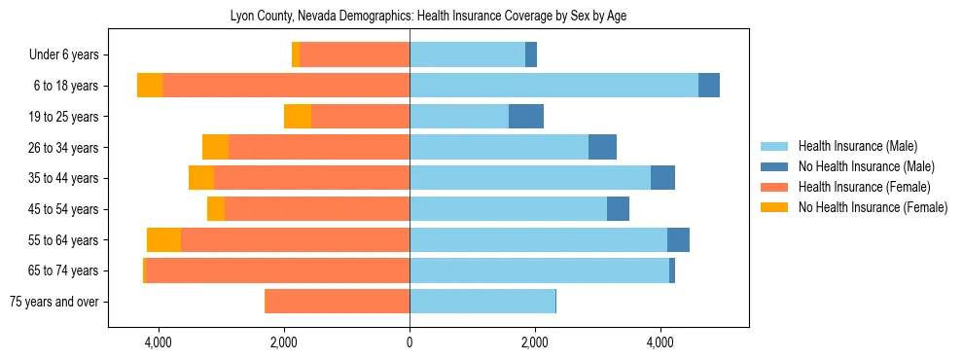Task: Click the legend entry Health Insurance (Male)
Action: (x=857, y=146)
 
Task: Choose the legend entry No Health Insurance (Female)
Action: (x=873, y=207)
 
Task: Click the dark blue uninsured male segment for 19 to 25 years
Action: (x=526, y=117)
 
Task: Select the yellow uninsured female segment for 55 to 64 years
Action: (x=163, y=240)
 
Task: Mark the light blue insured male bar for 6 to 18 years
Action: (x=553, y=86)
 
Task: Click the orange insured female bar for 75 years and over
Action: (x=338, y=302)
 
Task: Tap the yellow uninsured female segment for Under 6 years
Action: (x=296, y=55)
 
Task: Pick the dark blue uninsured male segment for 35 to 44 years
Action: (x=662, y=178)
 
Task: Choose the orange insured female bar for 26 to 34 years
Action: (x=319, y=147)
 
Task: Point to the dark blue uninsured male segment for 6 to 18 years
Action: (x=709, y=86)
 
